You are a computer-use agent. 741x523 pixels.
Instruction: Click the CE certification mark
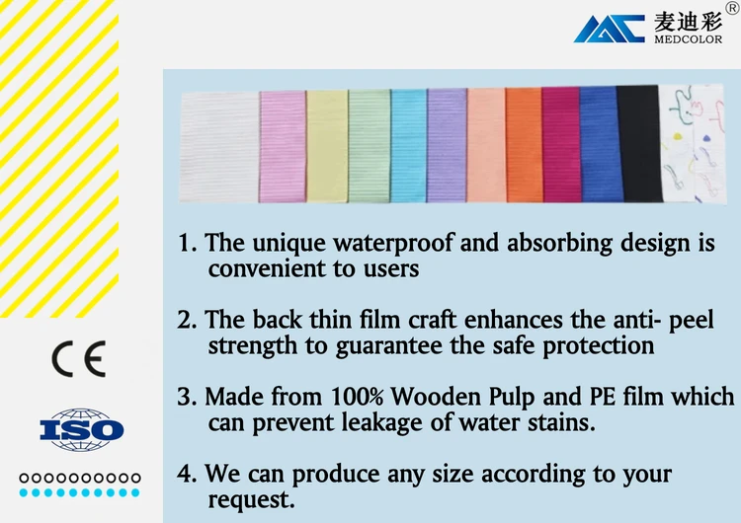[x=78, y=358]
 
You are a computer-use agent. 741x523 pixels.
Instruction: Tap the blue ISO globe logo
[x=81, y=429]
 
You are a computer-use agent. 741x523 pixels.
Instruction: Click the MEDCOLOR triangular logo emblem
[x=610, y=29]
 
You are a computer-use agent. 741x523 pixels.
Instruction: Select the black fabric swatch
[x=639, y=143]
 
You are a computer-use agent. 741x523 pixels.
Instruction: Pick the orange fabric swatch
[x=525, y=145]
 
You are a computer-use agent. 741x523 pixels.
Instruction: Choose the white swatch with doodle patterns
[x=692, y=143]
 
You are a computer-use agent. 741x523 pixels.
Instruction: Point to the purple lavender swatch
[x=447, y=145]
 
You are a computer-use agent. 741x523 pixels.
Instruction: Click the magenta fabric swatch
[x=561, y=144]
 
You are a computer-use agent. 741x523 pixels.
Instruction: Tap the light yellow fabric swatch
[x=327, y=147]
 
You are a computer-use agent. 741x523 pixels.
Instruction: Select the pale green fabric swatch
[x=370, y=146]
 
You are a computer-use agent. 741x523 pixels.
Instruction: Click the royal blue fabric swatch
[x=600, y=144]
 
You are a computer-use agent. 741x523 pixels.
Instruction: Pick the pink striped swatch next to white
[x=283, y=147]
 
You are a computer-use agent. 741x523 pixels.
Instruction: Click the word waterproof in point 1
[x=393, y=244]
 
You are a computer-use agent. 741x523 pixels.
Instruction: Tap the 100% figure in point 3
[x=357, y=396]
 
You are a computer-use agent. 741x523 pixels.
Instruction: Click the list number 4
[x=184, y=474]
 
